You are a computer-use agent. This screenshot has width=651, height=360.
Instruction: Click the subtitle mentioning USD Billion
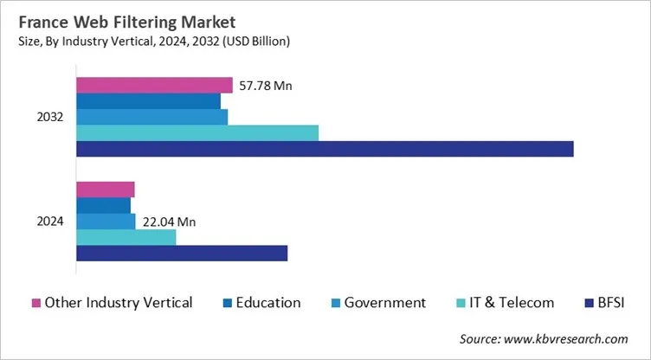[152, 41]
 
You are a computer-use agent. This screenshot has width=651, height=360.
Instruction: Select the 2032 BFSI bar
[325, 149]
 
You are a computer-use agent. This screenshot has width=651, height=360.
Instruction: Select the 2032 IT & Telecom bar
[197, 132]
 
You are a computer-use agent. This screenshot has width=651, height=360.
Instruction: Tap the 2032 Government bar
[151, 117]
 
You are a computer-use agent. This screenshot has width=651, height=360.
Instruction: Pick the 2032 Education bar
[148, 101]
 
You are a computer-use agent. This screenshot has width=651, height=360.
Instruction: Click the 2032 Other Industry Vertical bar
[154, 85]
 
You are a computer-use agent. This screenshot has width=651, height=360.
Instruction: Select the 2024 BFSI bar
[182, 253]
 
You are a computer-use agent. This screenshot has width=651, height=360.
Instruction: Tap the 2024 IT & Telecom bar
[126, 237]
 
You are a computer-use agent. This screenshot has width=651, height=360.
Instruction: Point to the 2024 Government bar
[106, 222]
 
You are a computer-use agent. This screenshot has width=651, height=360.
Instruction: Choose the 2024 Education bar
[103, 206]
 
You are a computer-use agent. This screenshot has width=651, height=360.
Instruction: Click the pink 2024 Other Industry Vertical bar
[106, 190]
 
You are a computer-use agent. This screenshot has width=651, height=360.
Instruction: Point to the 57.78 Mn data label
[265, 85]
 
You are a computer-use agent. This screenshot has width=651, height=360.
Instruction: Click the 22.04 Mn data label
[168, 222]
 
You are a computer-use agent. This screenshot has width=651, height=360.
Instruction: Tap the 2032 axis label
[49, 117]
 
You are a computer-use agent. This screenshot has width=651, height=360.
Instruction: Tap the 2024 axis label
[49, 222]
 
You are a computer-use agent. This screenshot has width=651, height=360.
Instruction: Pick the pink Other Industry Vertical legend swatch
[36, 303]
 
